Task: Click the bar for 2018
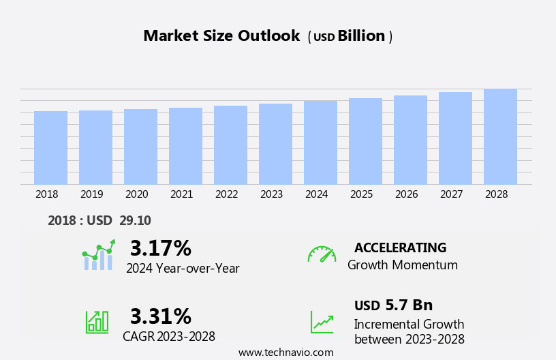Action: tap(50, 147)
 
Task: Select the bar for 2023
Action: tap(275, 144)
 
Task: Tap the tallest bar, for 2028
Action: tap(500, 136)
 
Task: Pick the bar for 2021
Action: tap(185, 146)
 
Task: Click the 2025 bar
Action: tap(365, 141)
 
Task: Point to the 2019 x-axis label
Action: tap(91, 194)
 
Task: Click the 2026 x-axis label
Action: tap(406, 194)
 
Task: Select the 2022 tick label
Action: tap(226, 194)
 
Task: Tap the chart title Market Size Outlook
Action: tap(221, 36)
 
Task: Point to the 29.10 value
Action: tap(135, 221)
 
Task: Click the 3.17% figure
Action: tap(160, 248)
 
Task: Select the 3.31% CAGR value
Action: tap(160, 316)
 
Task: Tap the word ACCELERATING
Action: tap(400, 248)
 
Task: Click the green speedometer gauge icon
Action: tap(322, 254)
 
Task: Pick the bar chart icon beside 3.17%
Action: tap(98, 256)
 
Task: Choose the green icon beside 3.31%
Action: tap(97, 321)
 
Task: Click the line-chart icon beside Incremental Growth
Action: tap(322, 322)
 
